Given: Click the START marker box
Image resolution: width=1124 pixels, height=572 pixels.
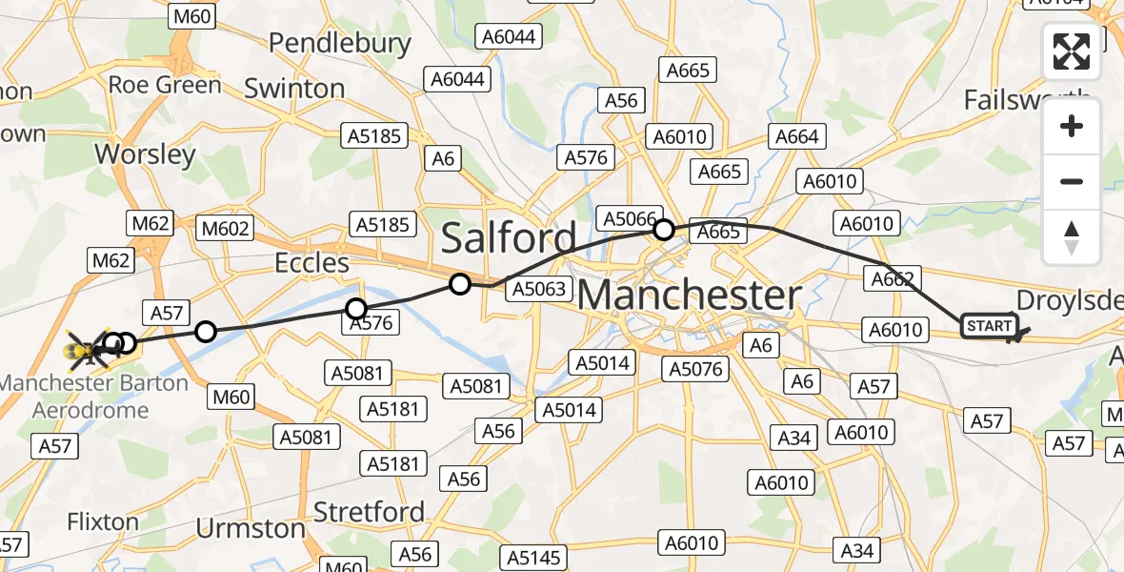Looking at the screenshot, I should (990, 326).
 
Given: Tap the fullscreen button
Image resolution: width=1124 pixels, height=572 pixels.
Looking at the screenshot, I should (1072, 51).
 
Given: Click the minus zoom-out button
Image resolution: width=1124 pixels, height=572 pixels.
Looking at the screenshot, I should (1072, 181).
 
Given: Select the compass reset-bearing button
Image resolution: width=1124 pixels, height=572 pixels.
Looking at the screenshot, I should (1072, 236).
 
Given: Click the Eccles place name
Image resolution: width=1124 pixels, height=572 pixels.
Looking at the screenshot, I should (311, 262).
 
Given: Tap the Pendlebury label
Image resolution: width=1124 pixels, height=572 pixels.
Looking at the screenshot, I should (340, 43).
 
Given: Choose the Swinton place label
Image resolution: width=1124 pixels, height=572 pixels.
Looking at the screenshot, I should (294, 89).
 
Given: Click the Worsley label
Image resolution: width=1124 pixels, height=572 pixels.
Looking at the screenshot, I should (146, 154).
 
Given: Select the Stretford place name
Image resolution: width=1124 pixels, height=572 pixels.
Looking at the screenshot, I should (369, 512).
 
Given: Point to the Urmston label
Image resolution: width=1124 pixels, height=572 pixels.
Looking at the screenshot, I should (251, 527).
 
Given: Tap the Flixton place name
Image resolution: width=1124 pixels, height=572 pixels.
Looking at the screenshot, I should (103, 522).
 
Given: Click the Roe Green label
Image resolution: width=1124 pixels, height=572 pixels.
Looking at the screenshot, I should (165, 85).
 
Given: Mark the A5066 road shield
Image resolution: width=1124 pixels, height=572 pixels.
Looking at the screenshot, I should (630, 219).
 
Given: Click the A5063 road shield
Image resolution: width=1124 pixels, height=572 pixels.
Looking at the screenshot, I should (539, 289).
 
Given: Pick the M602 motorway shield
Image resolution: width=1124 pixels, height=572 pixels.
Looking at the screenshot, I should (226, 228).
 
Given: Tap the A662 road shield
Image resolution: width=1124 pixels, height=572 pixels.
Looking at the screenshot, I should (893, 279).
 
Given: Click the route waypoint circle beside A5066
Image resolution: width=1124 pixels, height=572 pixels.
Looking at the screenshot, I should (664, 230).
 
